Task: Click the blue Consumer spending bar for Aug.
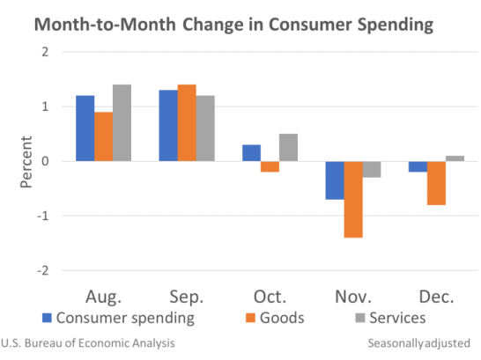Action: point(85,129)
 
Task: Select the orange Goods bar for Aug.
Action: point(103,136)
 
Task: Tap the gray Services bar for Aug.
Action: point(122,123)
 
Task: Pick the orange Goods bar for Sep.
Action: point(187,123)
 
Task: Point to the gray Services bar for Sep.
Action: point(205,129)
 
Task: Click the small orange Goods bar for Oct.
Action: point(270,166)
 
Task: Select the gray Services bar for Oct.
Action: point(288,148)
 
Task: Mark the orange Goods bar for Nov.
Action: point(353,199)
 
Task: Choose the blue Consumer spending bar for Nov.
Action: point(335,180)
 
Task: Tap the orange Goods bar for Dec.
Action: point(436,183)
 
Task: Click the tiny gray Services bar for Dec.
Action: point(455,158)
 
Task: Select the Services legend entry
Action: point(388,317)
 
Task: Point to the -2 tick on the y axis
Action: point(42,270)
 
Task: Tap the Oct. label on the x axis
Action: point(270,295)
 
